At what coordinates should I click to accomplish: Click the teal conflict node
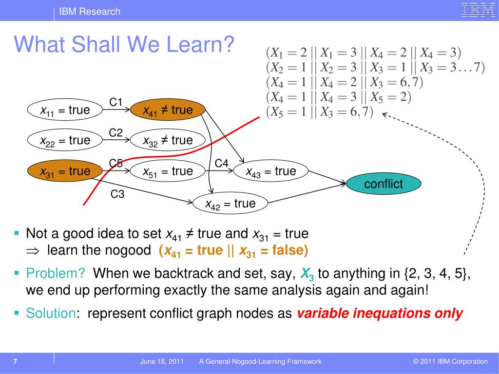point(384,184)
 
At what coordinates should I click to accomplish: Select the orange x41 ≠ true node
point(168,110)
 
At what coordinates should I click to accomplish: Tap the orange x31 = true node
point(65,171)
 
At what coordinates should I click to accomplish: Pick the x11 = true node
point(65,110)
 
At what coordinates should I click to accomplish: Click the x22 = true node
point(65,140)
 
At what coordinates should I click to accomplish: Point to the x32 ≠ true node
point(168,140)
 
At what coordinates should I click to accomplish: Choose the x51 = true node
point(168,171)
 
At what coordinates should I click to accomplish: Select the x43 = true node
point(271,171)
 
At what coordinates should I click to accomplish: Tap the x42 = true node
point(230,203)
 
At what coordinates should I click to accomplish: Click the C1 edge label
point(116,102)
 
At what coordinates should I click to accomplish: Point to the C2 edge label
point(116,132)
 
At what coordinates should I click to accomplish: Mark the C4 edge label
point(222,163)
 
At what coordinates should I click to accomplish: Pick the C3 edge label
point(117,194)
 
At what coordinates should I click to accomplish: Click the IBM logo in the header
point(478,10)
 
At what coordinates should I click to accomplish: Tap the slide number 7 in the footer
point(15,361)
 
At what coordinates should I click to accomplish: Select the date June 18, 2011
point(162,361)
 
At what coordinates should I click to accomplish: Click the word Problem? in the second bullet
point(56,273)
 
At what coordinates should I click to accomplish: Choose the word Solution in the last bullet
point(51,313)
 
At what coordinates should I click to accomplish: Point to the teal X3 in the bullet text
point(307,274)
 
